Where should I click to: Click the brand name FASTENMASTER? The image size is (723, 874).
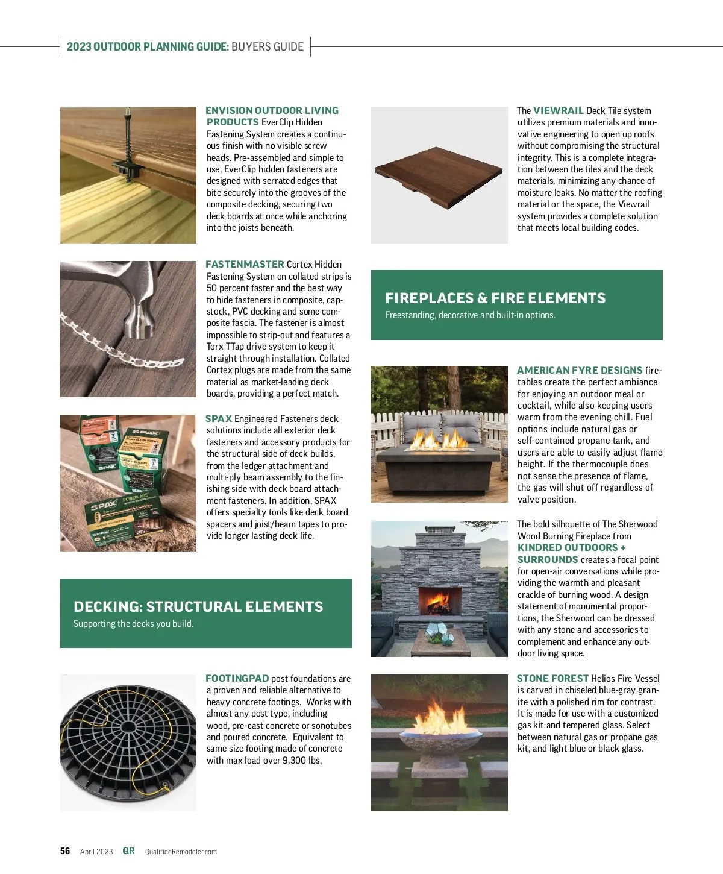coord(245,265)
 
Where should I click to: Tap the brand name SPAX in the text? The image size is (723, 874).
coord(219,419)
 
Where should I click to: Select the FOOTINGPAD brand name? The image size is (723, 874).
coord(237,679)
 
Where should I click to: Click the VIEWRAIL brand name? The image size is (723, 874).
coord(558,111)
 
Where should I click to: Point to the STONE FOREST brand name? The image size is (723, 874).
coord(552,679)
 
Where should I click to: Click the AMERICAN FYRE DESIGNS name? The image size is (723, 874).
coord(580,371)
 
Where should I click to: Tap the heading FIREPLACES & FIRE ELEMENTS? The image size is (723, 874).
coord(495,298)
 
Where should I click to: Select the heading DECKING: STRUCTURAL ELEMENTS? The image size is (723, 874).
coord(198,607)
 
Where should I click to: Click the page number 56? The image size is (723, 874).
coord(65,851)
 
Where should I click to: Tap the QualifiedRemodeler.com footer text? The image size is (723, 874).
coord(181,852)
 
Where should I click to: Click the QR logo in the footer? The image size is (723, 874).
coord(128,851)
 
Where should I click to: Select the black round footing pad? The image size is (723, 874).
coord(128,741)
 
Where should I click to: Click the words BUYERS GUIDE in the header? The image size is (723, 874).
coord(268,47)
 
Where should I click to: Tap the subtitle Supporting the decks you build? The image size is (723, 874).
coord(133,624)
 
